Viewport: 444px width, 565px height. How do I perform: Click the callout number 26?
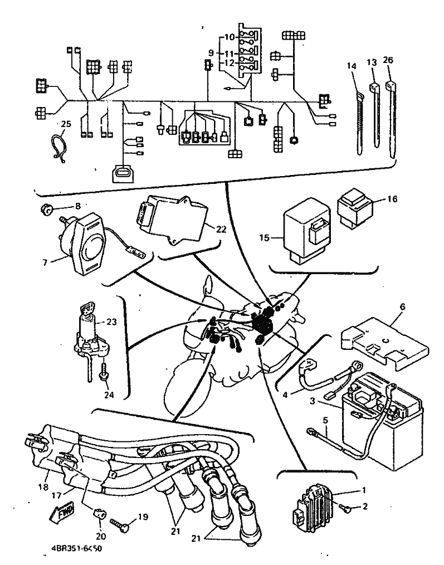click(x=388, y=60)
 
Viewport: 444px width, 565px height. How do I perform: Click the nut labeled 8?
click(x=46, y=210)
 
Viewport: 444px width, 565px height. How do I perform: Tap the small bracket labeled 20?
click(x=98, y=516)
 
